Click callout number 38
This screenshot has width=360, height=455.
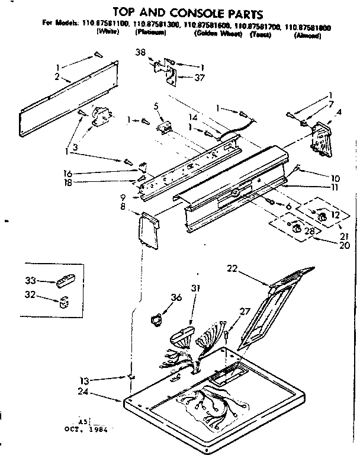(140, 52)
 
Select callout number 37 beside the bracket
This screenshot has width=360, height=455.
(200, 77)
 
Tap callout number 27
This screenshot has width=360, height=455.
(244, 311)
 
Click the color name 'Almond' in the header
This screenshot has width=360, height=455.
(307, 36)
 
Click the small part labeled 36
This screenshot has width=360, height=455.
(155, 320)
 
